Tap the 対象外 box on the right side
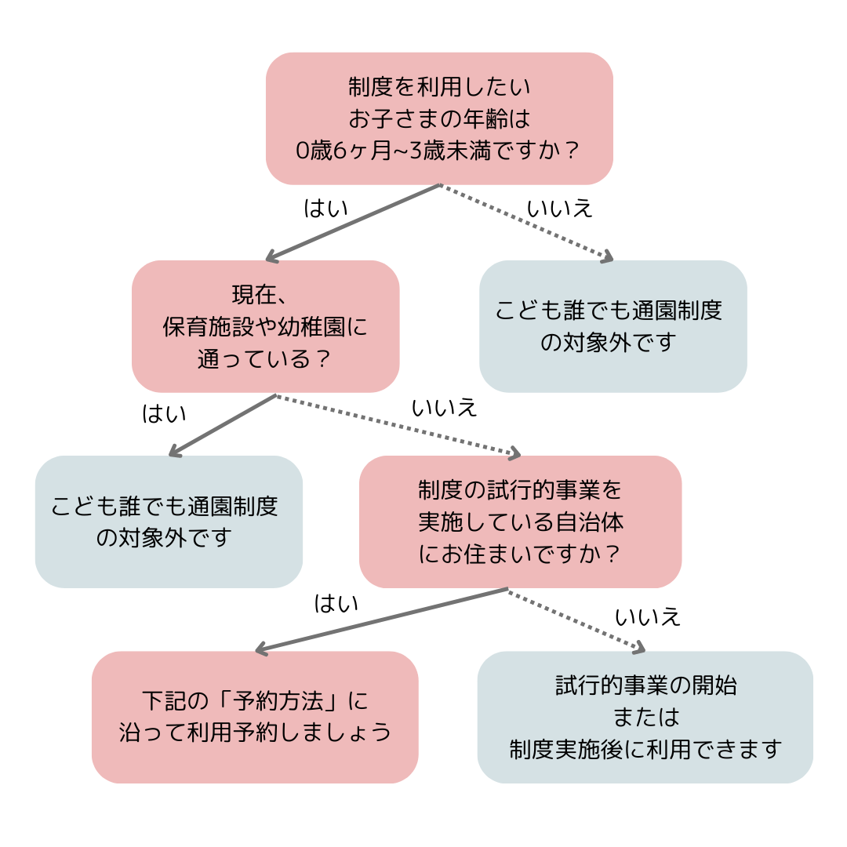[x=613, y=326]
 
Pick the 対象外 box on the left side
[x=169, y=522]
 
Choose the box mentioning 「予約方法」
[x=255, y=717]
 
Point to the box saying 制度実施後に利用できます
[x=645, y=717]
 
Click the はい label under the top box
[x=325, y=208]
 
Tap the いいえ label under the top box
[x=559, y=209]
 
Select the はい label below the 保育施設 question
[x=164, y=413]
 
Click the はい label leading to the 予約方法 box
[x=336, y=603]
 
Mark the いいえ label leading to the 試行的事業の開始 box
[x=647, y=617]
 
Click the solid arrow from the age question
[x=353, y=222]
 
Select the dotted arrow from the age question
[x=525, y=222]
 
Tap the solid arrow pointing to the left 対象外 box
[x=224, y=424]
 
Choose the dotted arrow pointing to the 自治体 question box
[x=398, y=424]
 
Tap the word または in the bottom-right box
[x=645, y=717]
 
